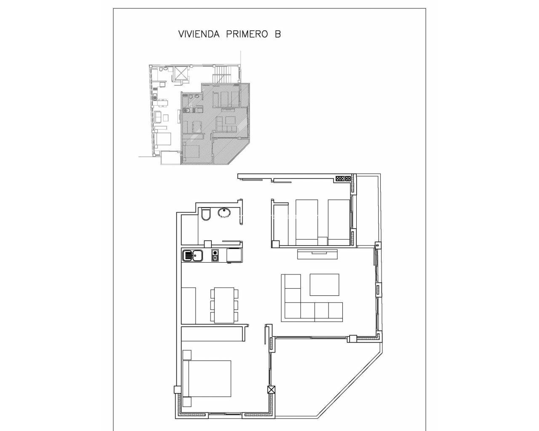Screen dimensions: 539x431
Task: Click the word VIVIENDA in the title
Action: click(199, 34)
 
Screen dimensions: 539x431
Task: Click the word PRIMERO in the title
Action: click(247, 34)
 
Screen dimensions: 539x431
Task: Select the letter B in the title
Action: click(278, 34)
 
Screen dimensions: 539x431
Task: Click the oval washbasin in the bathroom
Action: click(224, 213)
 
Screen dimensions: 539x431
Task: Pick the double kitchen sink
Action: click(192, 255)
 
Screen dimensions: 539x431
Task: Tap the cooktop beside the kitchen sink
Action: click(215, 255)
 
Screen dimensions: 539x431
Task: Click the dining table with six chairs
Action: click(224, 305)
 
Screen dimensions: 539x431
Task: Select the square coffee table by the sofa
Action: click(324, 285)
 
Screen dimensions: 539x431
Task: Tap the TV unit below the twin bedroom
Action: click(318, 254)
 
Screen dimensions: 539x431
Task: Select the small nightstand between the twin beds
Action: click(323, 241)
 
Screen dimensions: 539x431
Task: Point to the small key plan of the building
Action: click(195, 114)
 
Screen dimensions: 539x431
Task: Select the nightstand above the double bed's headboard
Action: click(187, 355)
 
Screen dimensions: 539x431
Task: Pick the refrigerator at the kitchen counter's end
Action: click(234, 255)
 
